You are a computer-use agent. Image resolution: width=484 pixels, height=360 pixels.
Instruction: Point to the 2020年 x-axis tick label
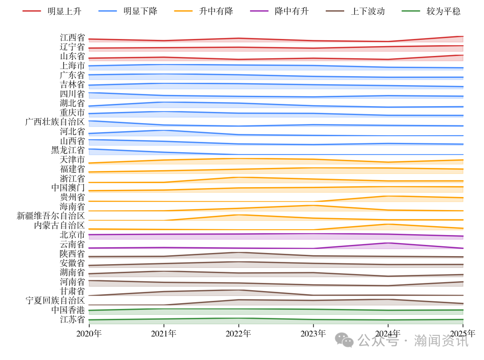pyautogui.click(x=89, y=334)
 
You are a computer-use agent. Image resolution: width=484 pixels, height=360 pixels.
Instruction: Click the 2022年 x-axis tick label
pyautogui.click(x=238, y=334)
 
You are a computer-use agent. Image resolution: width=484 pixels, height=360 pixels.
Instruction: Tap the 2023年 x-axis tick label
pyautogui.click(x=313, y=334)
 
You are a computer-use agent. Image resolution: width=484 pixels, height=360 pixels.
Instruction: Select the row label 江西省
pyautogui.click(x=72, y=38)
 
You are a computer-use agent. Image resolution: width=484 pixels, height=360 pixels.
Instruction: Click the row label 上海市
pyautogui.click(x=72, y=66)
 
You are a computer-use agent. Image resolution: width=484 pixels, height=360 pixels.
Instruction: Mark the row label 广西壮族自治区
pyautogui.click(x=55, y=122)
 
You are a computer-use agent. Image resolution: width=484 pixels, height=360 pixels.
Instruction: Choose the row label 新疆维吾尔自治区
pyautogui.click(x=51, y=216)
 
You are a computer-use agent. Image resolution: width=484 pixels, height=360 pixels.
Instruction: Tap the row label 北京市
pyautogui.click(x=72, y=235)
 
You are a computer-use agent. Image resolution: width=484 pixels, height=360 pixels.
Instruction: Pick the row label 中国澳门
pyautogui.click(x=68, y=188)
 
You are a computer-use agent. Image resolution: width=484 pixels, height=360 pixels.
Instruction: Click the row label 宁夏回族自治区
pyautogui.click(x=55, y=300)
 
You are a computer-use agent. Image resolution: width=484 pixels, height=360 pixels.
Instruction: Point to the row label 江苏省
pyautogui.click(x=72, y=319)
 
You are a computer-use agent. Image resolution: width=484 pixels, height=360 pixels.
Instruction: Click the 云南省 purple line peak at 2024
pyautogui.click(x=388, y=243)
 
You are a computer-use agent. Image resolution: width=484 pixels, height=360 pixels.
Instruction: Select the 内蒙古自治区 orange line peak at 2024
pyautogui.click(x=388, y=224)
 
